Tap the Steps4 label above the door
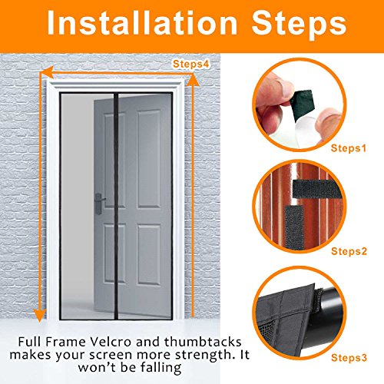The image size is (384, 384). point(191,64)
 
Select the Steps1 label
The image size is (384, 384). point(349,148)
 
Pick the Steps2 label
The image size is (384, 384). point(349,251)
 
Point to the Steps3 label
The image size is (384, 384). point(349,357)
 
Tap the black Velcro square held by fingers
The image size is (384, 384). point(303,104)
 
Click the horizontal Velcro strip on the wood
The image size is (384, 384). point(317,189)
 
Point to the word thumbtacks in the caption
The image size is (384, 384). point(203,342)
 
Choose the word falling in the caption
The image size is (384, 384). point(161,368)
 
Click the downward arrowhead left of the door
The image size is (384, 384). point(40,315)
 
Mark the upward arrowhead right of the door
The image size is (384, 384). point(194,79)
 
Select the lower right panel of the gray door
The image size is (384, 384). point(149,255)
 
